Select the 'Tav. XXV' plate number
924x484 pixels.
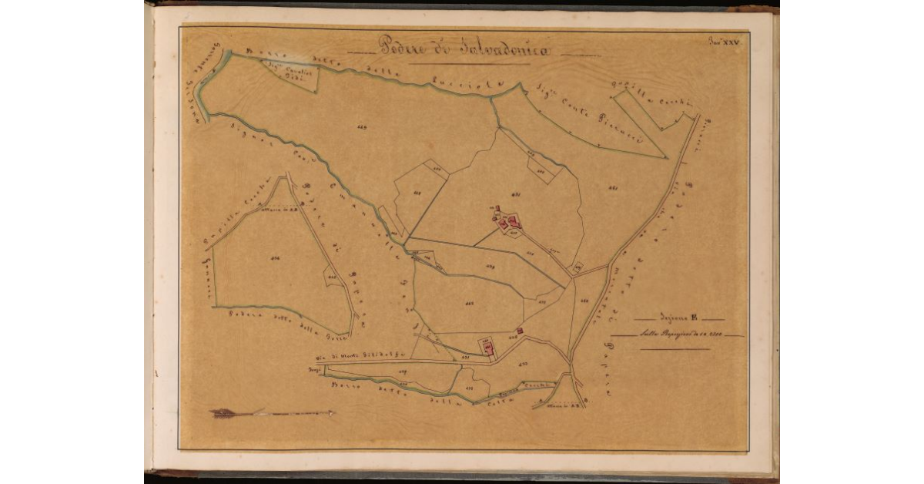[x=724, y=45]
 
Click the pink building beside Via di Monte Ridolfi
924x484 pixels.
[x=487, y=348]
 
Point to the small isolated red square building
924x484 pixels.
[x=520, y=331]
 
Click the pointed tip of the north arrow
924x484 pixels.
[x=334, y=413]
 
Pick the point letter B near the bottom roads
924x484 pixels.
[x=587, y=401]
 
